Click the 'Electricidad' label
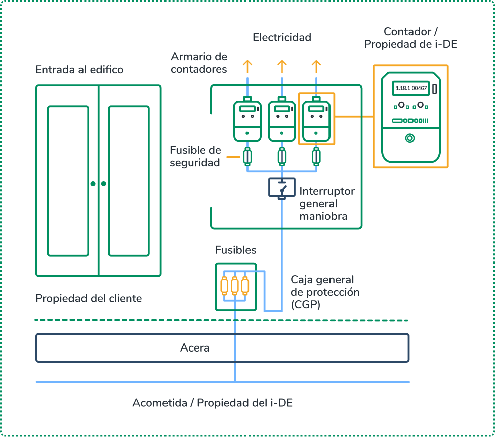tap(282, 37)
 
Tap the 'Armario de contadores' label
tap(199, 63)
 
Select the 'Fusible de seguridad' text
tap(195, 156)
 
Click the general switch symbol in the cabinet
tap(282, 188)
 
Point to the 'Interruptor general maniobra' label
tap(327, 204)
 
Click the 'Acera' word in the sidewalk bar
tap(195, 348)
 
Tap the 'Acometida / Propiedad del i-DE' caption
tap(212, 403)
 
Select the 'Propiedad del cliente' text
tap(89, 298)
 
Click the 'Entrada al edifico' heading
tap(79, 69)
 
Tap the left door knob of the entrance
tap(93, 184)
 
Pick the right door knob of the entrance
tap(104, 184)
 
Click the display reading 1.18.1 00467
tap(411, 89)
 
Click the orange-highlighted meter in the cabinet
tap(316, 120)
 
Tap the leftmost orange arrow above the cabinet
tap(247, 65)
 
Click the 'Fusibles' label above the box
tap(235, 250)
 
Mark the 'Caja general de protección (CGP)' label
tap(325, 292)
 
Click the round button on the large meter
tap(410, 138)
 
